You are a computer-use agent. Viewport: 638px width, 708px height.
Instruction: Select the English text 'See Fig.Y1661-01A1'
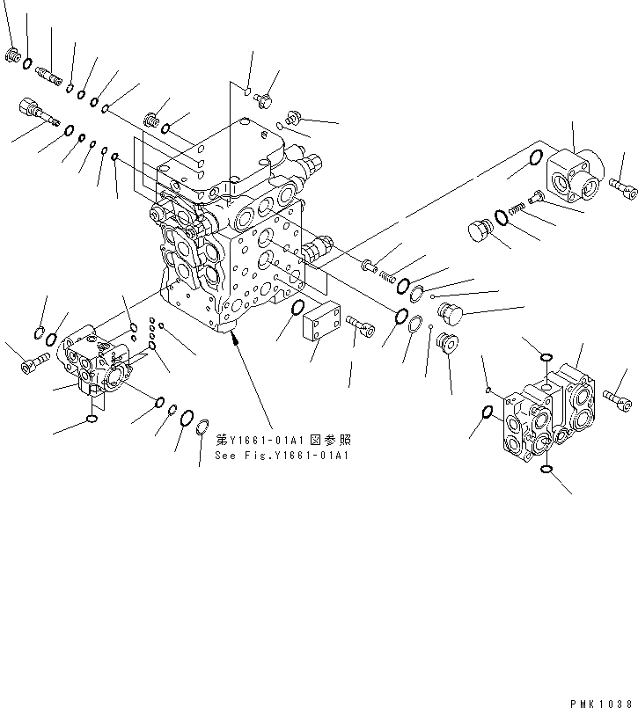282,455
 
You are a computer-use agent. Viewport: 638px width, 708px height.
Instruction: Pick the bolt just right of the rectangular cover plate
361,326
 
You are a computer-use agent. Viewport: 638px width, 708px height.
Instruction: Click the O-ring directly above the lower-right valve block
546,357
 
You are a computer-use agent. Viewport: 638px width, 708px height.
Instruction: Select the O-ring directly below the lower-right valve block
546,471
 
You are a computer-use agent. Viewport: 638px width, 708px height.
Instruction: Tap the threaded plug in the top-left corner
12,56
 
